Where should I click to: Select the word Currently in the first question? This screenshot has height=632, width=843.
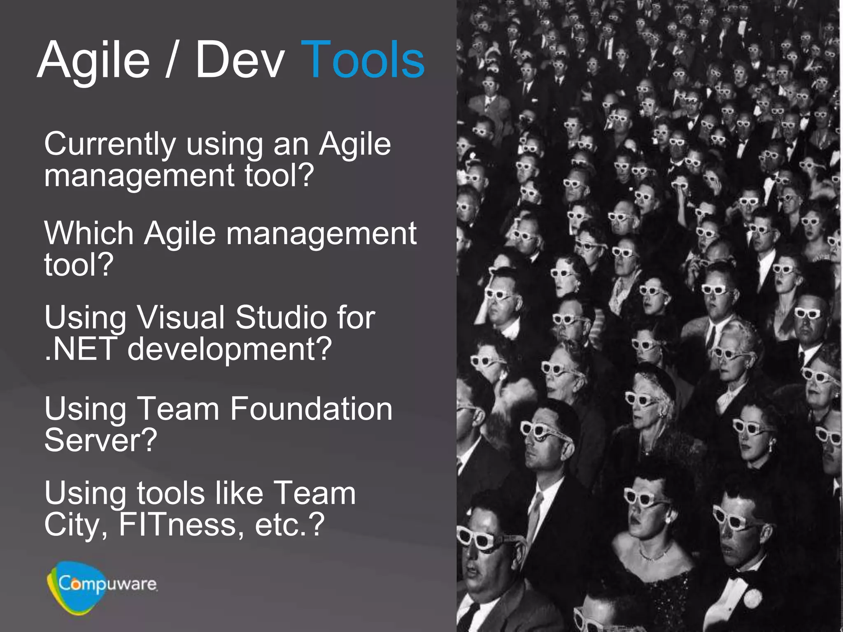tap(110, 145)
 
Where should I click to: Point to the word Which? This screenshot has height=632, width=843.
tap(88, 234)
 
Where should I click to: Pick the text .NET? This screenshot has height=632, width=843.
tap(81, 349)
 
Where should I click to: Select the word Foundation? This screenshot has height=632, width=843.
tap(311, 409)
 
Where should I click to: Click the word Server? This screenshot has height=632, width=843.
tap(100, 440)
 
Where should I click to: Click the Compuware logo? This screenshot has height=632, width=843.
tap(101, 586)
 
